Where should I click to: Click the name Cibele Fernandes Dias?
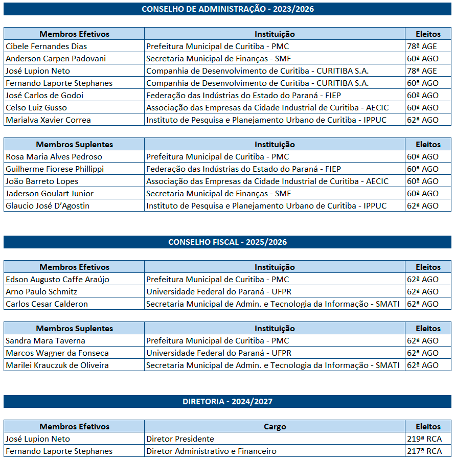coord(47,47)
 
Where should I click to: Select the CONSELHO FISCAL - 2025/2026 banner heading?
coord(227,242)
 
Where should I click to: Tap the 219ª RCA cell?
coord(424,439)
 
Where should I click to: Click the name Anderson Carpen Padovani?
coord(56,59)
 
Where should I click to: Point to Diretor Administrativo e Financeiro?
coord(211,451)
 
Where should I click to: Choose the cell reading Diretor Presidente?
coord(180,439)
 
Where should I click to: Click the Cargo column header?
coord(275,427)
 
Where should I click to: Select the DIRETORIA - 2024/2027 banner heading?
coord(227,402)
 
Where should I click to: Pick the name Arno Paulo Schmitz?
coord(41,292)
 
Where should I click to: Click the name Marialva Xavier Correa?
coord(48,120)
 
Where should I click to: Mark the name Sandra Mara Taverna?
coord(45,341)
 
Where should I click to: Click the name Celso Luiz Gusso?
coord(36,108)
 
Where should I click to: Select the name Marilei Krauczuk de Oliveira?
coord(57,365)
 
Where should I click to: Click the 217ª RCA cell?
coord(424,451)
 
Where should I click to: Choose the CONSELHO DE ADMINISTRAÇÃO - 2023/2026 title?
coord(227,9)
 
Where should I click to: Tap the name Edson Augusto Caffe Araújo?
coord(57,280)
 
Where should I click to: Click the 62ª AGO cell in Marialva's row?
coord(423,120)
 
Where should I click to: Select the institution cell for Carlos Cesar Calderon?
coord(275,304)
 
